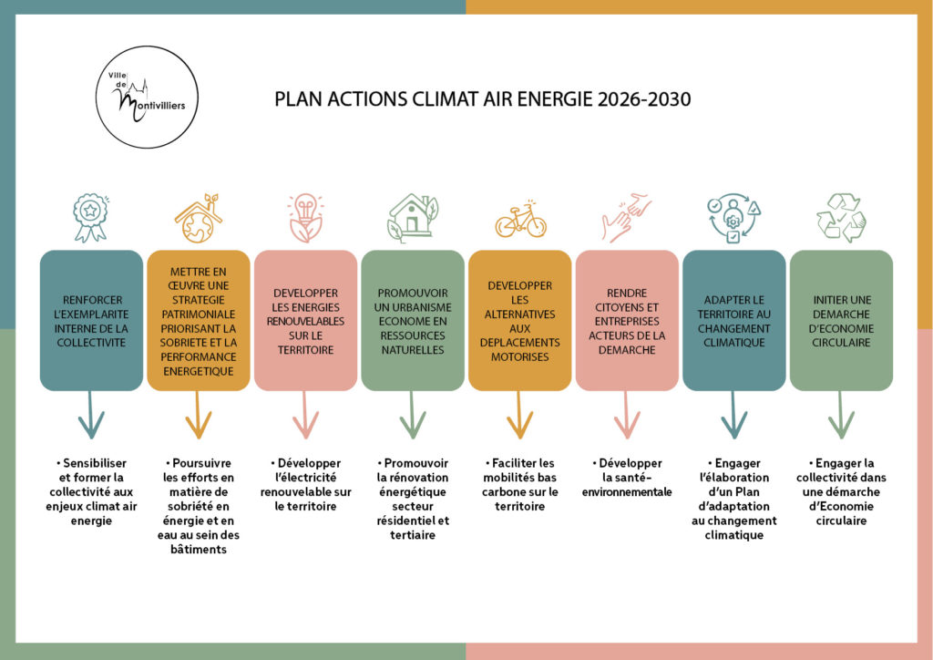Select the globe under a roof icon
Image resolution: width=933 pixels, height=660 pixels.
click(198, 218)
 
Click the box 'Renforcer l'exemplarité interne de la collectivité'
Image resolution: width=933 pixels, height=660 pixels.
click(90, 321)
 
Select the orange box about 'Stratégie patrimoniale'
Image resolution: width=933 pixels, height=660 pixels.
click(198, 321)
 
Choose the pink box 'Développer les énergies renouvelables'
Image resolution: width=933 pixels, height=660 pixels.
click(305, 321)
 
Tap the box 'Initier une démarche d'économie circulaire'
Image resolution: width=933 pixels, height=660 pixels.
click(840, 321)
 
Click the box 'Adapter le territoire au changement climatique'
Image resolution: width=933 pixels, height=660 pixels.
click(733, 321)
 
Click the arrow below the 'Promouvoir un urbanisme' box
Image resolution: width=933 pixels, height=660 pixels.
click(413, 415)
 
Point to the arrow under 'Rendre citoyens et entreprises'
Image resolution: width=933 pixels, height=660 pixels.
click(627, 415)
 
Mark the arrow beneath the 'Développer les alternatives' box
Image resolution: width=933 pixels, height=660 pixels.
click(519, 415)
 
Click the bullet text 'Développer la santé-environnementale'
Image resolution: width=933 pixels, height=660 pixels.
click(627, 477)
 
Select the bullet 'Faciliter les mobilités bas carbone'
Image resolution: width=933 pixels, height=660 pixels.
click(519, 484)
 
